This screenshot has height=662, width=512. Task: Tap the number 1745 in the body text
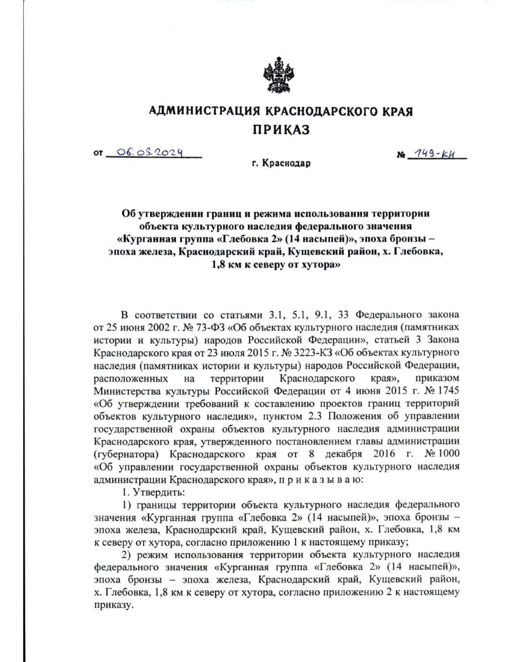(x=447, y=390)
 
